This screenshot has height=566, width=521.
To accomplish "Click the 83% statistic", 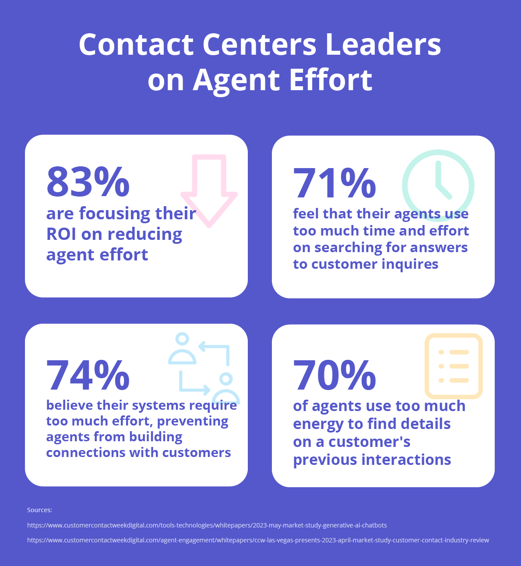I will click(x=88, y=181).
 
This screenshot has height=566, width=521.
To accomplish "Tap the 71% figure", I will click(x=334, y=183).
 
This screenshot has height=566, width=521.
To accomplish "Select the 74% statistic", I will click(x=88, y=375).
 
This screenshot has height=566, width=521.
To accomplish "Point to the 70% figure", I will click(x=334, y=375).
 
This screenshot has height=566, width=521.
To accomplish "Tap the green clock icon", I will click(x=438, y=186).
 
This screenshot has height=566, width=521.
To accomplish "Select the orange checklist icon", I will click(x=454, y=366).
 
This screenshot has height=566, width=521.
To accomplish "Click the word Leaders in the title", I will click(x=383, y=44).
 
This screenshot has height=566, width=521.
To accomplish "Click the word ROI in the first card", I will click(x=61, y=234).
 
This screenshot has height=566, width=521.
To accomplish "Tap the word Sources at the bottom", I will click(x=39, y=510).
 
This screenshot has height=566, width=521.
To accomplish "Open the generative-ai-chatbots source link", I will click(x=207, y=525).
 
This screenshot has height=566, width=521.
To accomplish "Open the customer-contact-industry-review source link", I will click(x=258, y=540).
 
